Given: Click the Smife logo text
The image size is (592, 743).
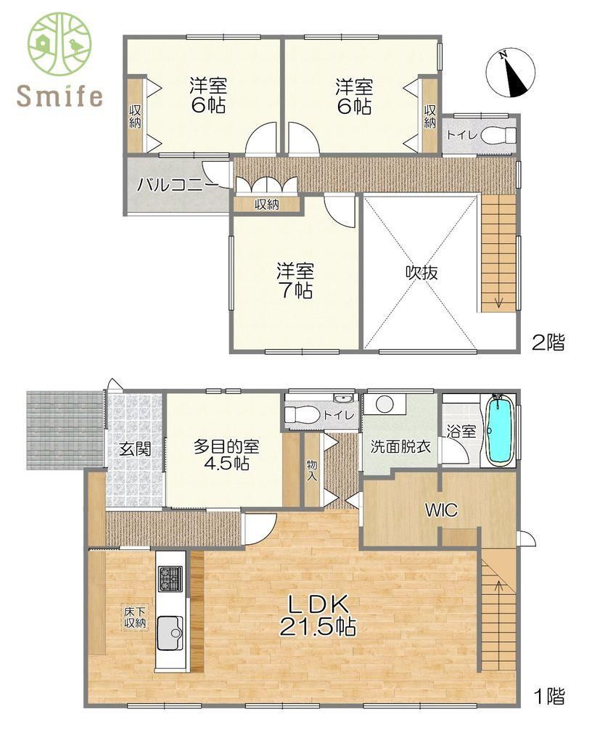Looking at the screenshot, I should (x=59, y=96).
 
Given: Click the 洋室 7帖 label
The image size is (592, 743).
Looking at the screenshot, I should (x=295, y=282).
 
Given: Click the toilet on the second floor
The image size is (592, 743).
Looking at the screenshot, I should (x=499, y=135).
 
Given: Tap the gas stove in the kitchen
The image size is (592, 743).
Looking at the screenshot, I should (x=170, y=578).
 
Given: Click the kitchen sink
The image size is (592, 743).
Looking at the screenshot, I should (x=172, y=631).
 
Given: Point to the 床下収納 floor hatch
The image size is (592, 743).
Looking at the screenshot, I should (x=135, y=617).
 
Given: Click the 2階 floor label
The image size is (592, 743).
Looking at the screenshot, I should (x=547, y=342).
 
